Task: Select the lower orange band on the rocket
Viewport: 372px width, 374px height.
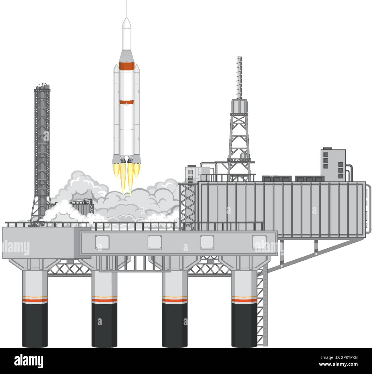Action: point(126,102)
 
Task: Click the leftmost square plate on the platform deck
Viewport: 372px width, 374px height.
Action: point(102,242)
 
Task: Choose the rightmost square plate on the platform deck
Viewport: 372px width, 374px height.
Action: point(259,242)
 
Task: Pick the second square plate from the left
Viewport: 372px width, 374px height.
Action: point(155,242)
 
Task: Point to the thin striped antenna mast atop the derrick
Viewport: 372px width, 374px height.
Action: point(239,77)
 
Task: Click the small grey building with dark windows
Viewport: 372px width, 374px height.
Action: point(332,161)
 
